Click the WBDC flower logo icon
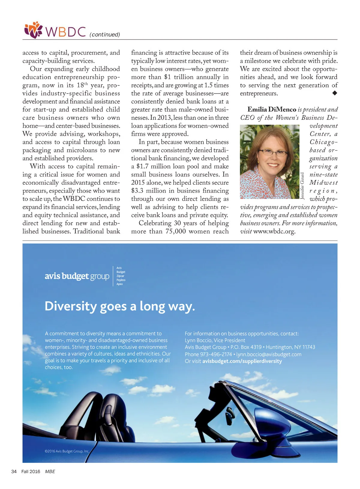[33, 30]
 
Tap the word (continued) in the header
[105, 34]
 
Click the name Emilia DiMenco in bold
[271, 109]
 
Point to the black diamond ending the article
[335, 93]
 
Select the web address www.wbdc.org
[274, 231]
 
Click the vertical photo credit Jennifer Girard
[302, 186]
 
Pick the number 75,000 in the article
[176, 231]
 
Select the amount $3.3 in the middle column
[137, 191]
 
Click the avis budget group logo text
[77, 276]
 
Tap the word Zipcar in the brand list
[120, 276]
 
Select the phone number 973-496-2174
[216, 354]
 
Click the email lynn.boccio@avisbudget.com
[269, 354]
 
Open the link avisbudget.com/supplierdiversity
[242, 361]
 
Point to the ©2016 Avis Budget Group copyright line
[67, 451]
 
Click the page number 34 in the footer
[14, 472]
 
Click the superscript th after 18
[86, 84]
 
